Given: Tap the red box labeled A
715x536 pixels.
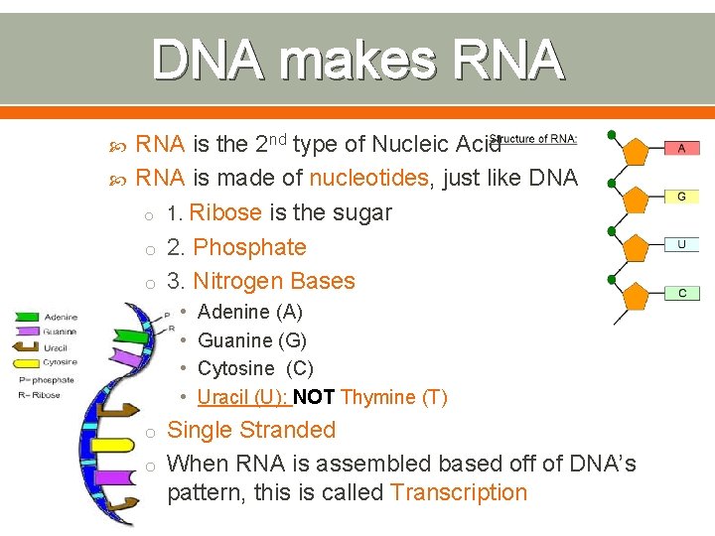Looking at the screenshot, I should (681, 148).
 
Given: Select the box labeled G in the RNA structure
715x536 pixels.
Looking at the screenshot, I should (681, 197).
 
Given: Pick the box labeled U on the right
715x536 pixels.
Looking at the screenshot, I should (681, 244).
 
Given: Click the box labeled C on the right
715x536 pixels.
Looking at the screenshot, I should (681, 293).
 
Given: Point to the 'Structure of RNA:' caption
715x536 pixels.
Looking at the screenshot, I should (534, 140).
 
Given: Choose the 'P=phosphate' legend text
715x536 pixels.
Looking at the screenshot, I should (46, 379).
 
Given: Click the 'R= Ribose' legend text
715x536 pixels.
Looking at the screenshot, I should (39, 395).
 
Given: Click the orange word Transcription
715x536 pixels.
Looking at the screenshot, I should (459, 493).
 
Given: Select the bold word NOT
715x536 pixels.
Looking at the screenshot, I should (314, 398).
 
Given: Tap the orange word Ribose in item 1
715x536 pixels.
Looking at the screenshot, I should (225, 213).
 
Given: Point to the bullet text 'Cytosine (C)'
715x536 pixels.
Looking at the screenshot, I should (255, 369).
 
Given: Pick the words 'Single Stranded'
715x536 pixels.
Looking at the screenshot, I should (251, 431).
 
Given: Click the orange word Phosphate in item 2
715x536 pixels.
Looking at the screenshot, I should (249, 247).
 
